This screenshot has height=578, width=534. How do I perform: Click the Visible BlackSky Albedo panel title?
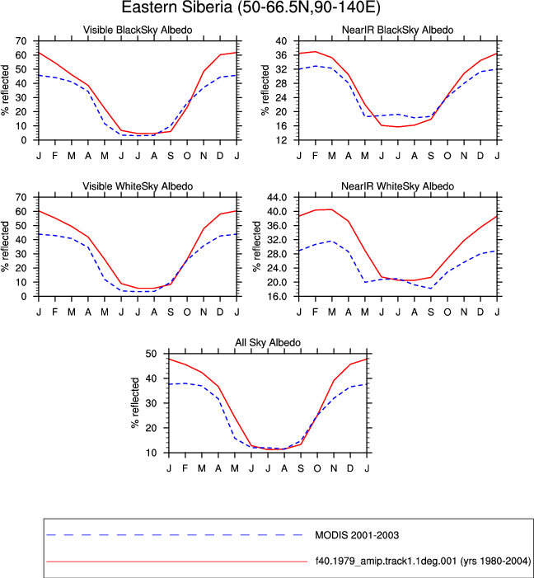coord(138,30)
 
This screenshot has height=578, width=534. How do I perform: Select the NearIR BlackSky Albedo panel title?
coord(398,30)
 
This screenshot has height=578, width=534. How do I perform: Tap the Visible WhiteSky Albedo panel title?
coord(138,186)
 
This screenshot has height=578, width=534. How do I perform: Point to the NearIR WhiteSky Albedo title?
coord(398,186)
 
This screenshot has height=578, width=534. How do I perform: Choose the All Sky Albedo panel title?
coord(268,342)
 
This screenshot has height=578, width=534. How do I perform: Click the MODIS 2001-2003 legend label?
coord(357,535)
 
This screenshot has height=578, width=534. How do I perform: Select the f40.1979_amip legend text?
coord(423,562)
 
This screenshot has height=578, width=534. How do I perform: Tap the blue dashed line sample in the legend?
coord(175,535)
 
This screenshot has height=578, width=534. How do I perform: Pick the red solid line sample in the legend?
coord(177,562)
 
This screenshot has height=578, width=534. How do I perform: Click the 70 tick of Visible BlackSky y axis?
coord(21,41)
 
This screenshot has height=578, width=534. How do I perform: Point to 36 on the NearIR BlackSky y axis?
coord(281,55)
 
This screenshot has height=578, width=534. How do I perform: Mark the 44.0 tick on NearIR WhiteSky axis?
coord(278,197)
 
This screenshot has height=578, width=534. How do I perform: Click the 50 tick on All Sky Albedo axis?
coord(151,354)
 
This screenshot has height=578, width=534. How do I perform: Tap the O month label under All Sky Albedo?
coord(317,468)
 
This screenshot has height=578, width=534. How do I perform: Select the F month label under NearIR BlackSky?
coord(315,156)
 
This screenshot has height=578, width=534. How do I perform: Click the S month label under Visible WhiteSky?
coord(171,312)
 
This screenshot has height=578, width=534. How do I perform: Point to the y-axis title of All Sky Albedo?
coord(135,402)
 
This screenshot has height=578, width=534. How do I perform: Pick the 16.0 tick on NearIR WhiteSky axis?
coord(278,296)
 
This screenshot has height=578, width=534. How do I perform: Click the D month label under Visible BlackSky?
coord(220,156)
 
